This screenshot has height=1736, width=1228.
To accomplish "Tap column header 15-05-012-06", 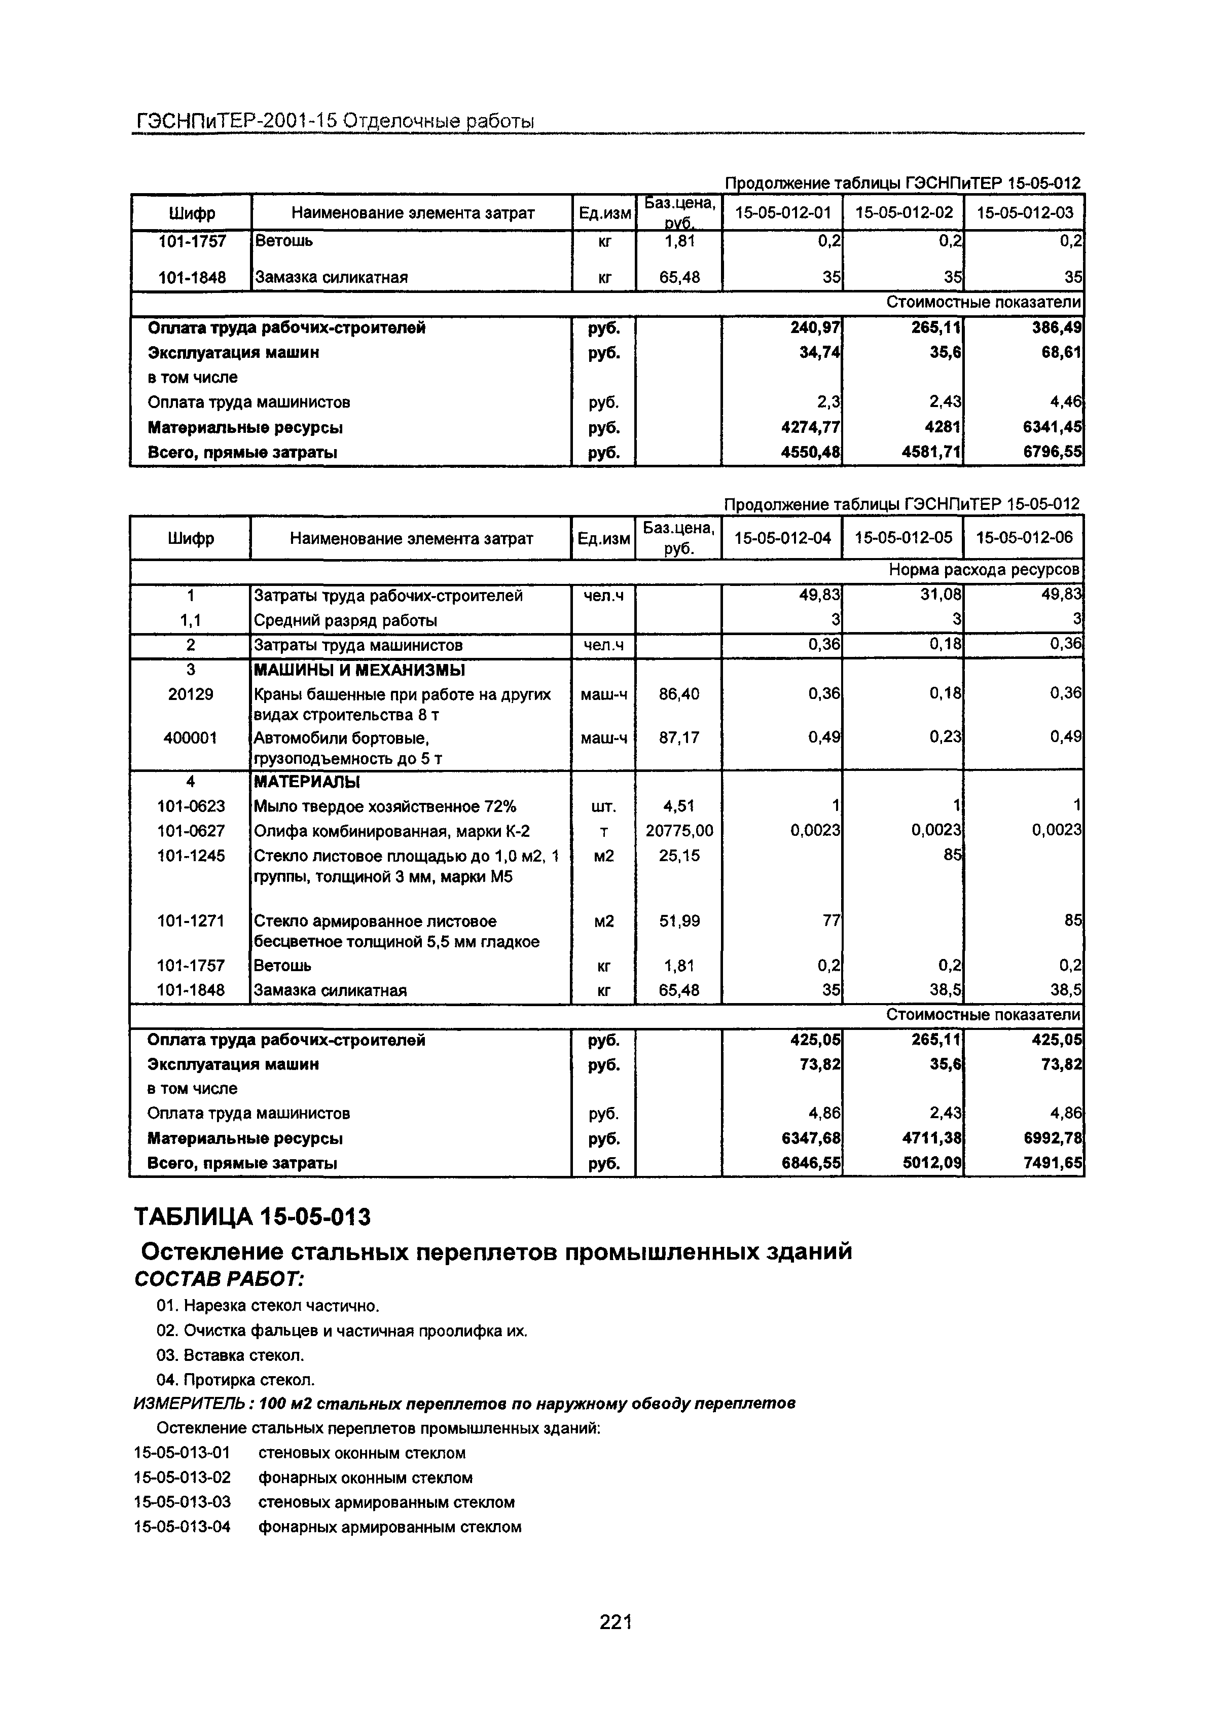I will click(x=1024, y=538).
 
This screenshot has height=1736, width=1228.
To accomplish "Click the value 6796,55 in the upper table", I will click(x=1053, y=452).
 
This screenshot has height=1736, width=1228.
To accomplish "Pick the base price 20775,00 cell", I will click(x=678, y=831).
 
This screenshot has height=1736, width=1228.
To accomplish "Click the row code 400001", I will click(x=191, y=737).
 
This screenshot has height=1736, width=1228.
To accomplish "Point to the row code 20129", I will click(x=191, y=694).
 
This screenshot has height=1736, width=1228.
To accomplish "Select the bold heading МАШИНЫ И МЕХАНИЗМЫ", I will click(x=359, y=670).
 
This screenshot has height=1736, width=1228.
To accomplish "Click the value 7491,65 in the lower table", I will click(x=1053, y=1163).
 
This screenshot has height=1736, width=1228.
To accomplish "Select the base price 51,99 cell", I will click(x=678, y=921).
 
